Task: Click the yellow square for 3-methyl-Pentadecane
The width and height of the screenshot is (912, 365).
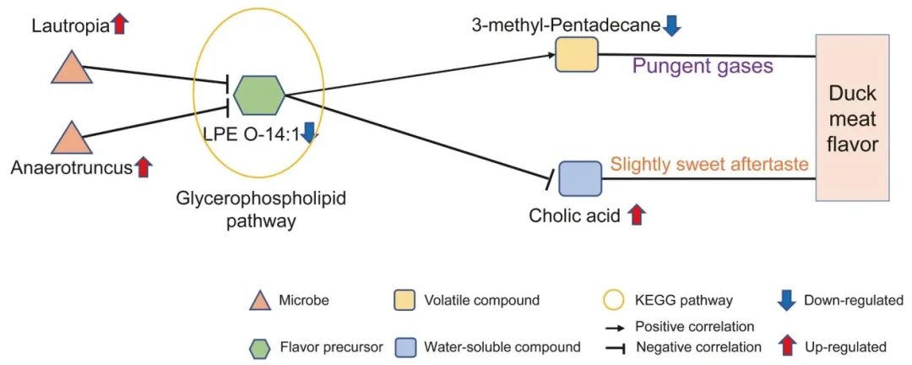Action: pyautogui.click(x=576, y=55)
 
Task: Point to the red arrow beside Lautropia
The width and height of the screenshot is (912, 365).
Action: pyautogui.click(x=120, y=25)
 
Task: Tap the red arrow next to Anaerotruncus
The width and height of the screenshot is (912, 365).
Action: pyautogui.click(x=144, y=167)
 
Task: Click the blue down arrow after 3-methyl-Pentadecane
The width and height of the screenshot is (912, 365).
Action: pyautogui.click(x=671, y=26)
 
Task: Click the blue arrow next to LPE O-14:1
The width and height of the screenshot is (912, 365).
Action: pyautogui.click(x=309, y=133)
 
